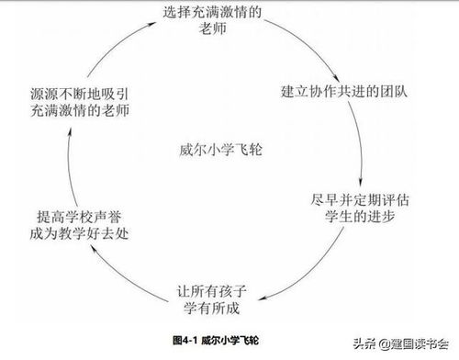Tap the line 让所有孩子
point(212,292)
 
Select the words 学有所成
point(212,310)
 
